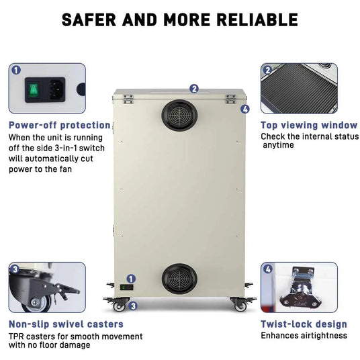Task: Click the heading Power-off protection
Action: coord(59,125)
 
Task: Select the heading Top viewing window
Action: coord(308,125)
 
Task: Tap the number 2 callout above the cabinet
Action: coord(194,87)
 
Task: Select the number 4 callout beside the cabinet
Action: coord(245,109)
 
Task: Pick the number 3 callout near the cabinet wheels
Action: coord(133,306)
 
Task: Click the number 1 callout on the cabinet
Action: coord(132,278)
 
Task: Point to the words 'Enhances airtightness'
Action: coord(304,335)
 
